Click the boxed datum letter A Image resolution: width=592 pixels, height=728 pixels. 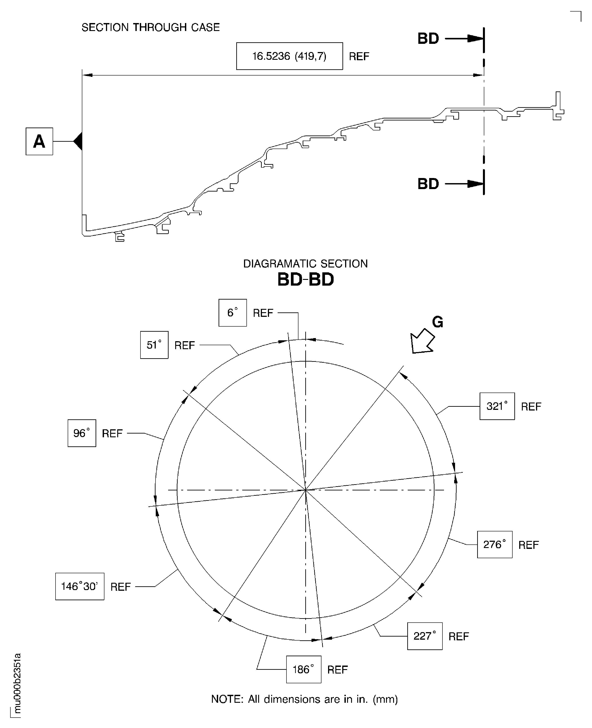pos(39,141)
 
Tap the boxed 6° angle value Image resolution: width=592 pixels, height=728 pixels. pos(233,313)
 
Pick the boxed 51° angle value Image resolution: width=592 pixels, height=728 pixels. pos(154,345)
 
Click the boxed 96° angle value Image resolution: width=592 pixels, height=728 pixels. pos(82,433)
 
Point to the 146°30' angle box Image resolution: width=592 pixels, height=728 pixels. pos(80,586)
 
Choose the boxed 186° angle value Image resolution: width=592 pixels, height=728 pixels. pos(304,669)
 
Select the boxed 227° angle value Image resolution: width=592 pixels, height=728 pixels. pos(425,636)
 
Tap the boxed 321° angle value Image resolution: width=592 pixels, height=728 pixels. pos(497,406)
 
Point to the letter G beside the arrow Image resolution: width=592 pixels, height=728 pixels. pos(438,322)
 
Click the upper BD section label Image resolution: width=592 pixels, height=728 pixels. pos(428,39)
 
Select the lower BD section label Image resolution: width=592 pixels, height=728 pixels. pos(428,184)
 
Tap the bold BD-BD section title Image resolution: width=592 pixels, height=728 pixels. pos(306,279)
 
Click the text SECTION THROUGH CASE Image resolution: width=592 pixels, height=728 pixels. pos(151,27)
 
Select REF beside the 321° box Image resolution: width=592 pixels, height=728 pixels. pos(531,407)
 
